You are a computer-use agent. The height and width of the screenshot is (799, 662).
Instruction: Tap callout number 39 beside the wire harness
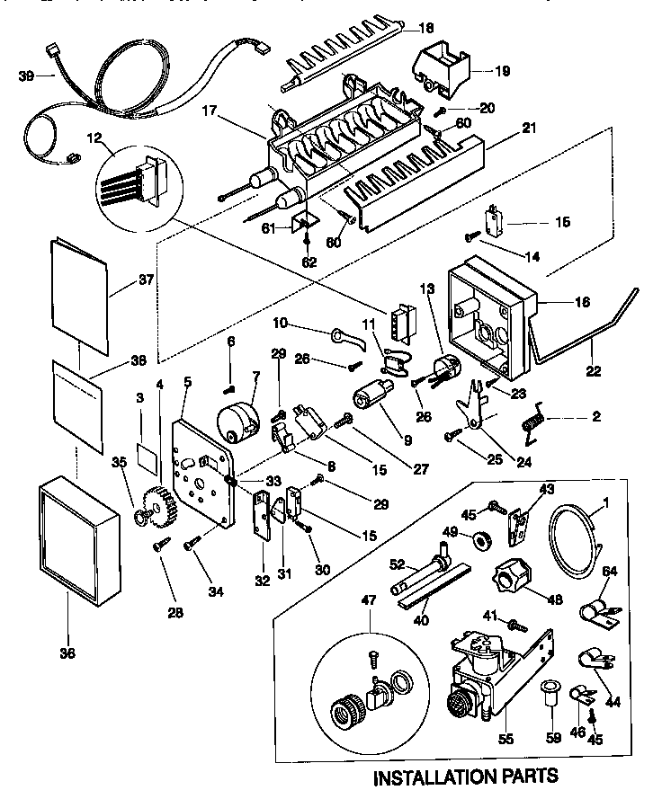pyautogui.click(x=26, y=76)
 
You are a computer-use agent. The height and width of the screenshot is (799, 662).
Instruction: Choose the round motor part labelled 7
pyautogui.click(x=237, y=424)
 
